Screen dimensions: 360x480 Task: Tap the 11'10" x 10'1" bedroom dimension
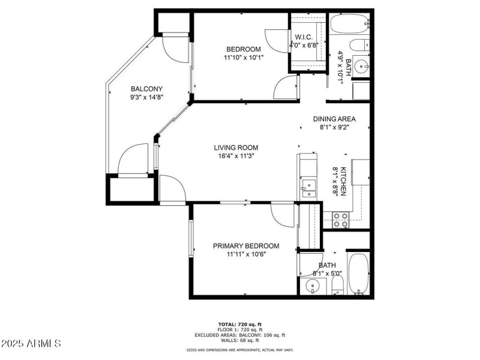243,58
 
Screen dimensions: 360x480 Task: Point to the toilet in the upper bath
359,44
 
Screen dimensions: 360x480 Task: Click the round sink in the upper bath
361,66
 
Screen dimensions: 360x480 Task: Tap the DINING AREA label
334,119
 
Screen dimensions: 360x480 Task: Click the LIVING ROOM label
236,148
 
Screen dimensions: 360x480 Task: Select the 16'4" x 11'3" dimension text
236,157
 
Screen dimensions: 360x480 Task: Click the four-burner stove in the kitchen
341,220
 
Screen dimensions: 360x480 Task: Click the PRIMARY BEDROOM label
246,246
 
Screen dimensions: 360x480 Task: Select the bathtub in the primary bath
359,273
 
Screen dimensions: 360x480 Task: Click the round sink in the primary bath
313,286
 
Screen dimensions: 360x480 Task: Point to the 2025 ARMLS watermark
31,344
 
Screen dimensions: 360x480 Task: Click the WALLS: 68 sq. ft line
247,340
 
